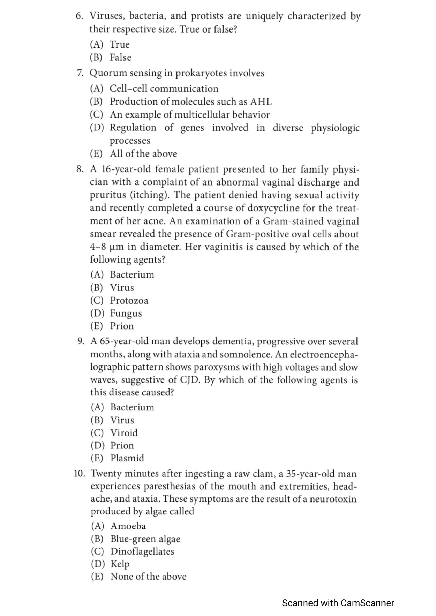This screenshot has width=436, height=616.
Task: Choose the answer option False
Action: tap(120, 57)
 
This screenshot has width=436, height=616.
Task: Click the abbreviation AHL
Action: tap(261, 102)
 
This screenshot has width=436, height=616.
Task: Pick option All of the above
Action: tap(143, 154)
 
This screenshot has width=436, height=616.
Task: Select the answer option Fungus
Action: tap(126, 313)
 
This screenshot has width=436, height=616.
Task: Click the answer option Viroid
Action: tap(124, 433)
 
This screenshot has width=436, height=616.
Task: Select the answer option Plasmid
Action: tap(127, 458)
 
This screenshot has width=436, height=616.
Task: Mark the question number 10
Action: tap(80, 474)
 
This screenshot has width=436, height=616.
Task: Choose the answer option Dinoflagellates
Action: tap(142, 551)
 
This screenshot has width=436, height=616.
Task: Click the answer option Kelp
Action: tap(120, 564)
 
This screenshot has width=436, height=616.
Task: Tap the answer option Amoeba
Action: tap(128, 526)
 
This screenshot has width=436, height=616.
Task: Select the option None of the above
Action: tap(148, 576)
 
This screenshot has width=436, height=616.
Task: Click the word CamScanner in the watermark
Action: tap(367, 603)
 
